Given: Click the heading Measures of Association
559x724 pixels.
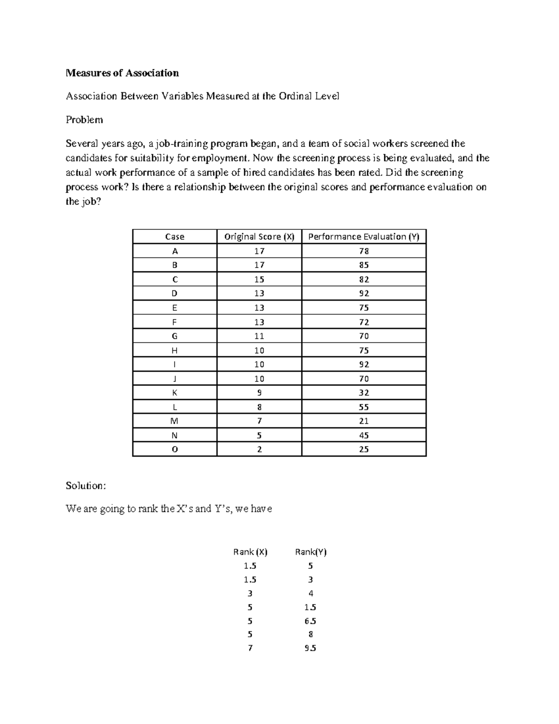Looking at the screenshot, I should (x=122, y=73).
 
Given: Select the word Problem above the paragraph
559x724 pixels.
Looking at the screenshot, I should (x=84, y=120).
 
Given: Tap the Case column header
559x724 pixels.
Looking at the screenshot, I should (x=175, y=237).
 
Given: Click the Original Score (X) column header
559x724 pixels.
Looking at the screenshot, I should (x=259, y=237).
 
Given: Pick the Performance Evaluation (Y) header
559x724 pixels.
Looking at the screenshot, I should (x=364, y=237).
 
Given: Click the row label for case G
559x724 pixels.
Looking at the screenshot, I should (x=175, y=336).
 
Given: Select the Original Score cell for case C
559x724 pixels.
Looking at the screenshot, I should (x=259, y=279).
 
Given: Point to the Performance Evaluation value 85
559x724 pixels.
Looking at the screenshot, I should (x=364, y=265).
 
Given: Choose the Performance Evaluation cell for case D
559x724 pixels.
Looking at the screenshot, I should (x=364, y=293).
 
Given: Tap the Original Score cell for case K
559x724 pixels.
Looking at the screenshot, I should (x=259, y=393).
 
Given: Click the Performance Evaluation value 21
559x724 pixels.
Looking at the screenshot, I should (x=364, y=421).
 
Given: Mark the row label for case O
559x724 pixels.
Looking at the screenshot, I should (x=175, y=449).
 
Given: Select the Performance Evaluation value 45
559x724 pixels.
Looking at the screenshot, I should (x=364, y=435).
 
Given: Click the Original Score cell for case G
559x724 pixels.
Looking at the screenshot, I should (x=259, y=336).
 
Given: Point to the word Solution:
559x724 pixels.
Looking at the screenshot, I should (x=86, y=486).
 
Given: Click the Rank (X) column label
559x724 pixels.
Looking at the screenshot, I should (x=250, y=552).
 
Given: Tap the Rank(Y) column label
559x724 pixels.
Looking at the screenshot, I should (x=311, y=552).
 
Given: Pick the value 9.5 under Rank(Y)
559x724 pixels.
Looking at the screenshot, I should (x=311, y=648).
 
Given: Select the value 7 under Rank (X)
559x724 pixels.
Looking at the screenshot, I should (x=250, y=648).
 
